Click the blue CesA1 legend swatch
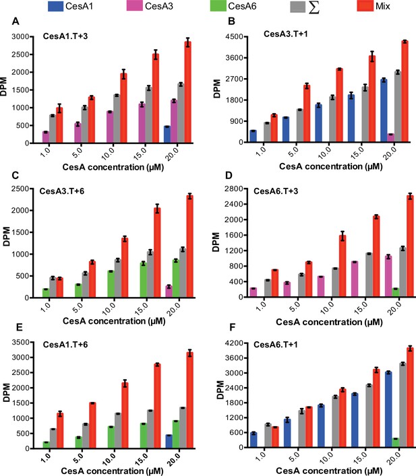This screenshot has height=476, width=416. (x=55, y=6)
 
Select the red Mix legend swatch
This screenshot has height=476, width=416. (x=365, y=6)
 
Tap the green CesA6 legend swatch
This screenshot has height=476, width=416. (x=218, y=6)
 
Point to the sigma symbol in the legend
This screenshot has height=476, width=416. (x=314, y=7)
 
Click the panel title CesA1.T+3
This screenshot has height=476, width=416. (x=65, y=36)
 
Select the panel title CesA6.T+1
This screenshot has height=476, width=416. (x=276, y=345)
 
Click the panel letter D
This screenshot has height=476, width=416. (x=229, y=176)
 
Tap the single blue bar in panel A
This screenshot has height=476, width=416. (x=167, y=134)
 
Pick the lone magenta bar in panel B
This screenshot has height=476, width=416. (x=391, y=138)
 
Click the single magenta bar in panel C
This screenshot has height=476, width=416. (x=169, y=292)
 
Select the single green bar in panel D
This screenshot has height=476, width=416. (x=395, y=292)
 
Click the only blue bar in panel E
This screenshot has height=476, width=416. (x=169, y=442)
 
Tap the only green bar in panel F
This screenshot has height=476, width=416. (x=395, y=442)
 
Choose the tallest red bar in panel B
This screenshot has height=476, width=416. (x=405, y=92)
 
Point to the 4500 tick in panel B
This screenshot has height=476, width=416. (x=234, y=36)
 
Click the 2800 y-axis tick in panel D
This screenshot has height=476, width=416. (x=234, y=189)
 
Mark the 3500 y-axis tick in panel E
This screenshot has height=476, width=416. (x=21, y=342)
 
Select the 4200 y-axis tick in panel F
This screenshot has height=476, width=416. (x=234, y=343)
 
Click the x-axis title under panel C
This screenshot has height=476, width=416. (x=114, y=321)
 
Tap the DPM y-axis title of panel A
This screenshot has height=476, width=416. (x=4, y=87)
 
